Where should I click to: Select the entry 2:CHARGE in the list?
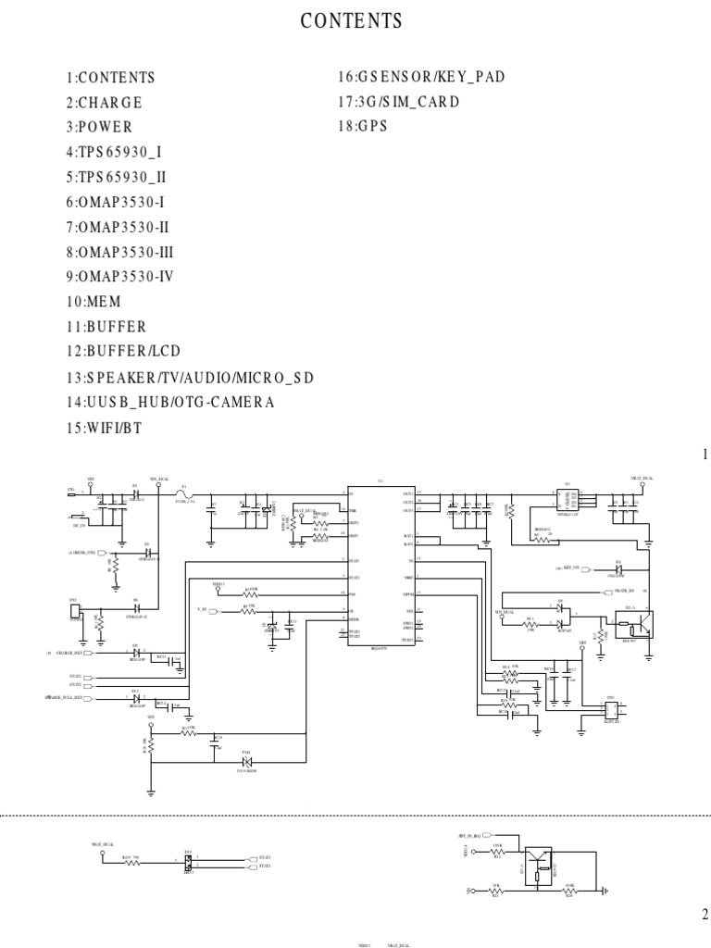tap(104, 103)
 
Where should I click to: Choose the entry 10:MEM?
tap(93, 302)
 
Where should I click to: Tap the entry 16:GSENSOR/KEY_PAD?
tap(421, 77)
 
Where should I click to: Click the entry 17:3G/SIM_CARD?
tap(399, 102)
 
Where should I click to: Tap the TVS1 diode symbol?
tap(246, 762)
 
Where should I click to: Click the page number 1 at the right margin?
tap(704, 455)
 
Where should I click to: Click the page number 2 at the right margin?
tap(704, 915)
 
